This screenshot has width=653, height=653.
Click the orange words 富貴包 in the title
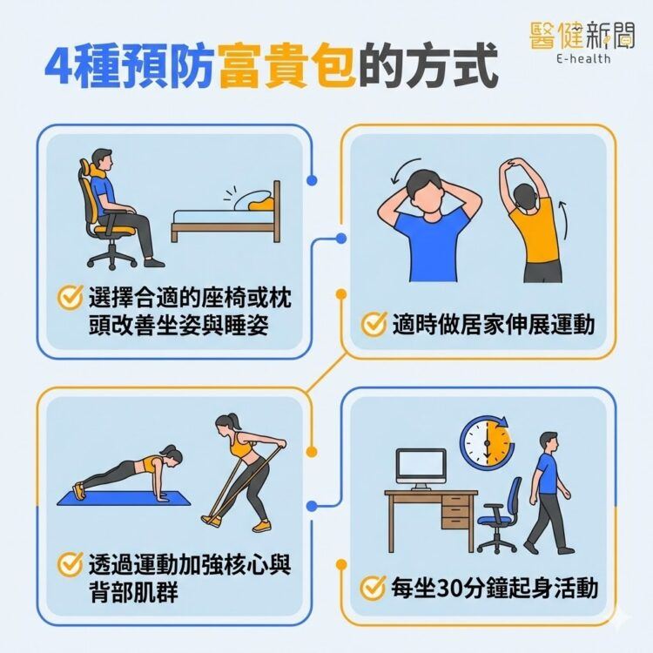(x=288, y=69)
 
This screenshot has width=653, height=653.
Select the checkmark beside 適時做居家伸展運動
(x=374, y=325)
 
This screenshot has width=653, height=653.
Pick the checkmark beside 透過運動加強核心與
(x=70, y=563)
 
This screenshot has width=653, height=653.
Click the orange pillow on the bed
(x=260, y=205)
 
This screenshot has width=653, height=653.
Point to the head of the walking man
(x=547, y=441)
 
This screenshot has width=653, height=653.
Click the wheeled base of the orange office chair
(x=112, y=256)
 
